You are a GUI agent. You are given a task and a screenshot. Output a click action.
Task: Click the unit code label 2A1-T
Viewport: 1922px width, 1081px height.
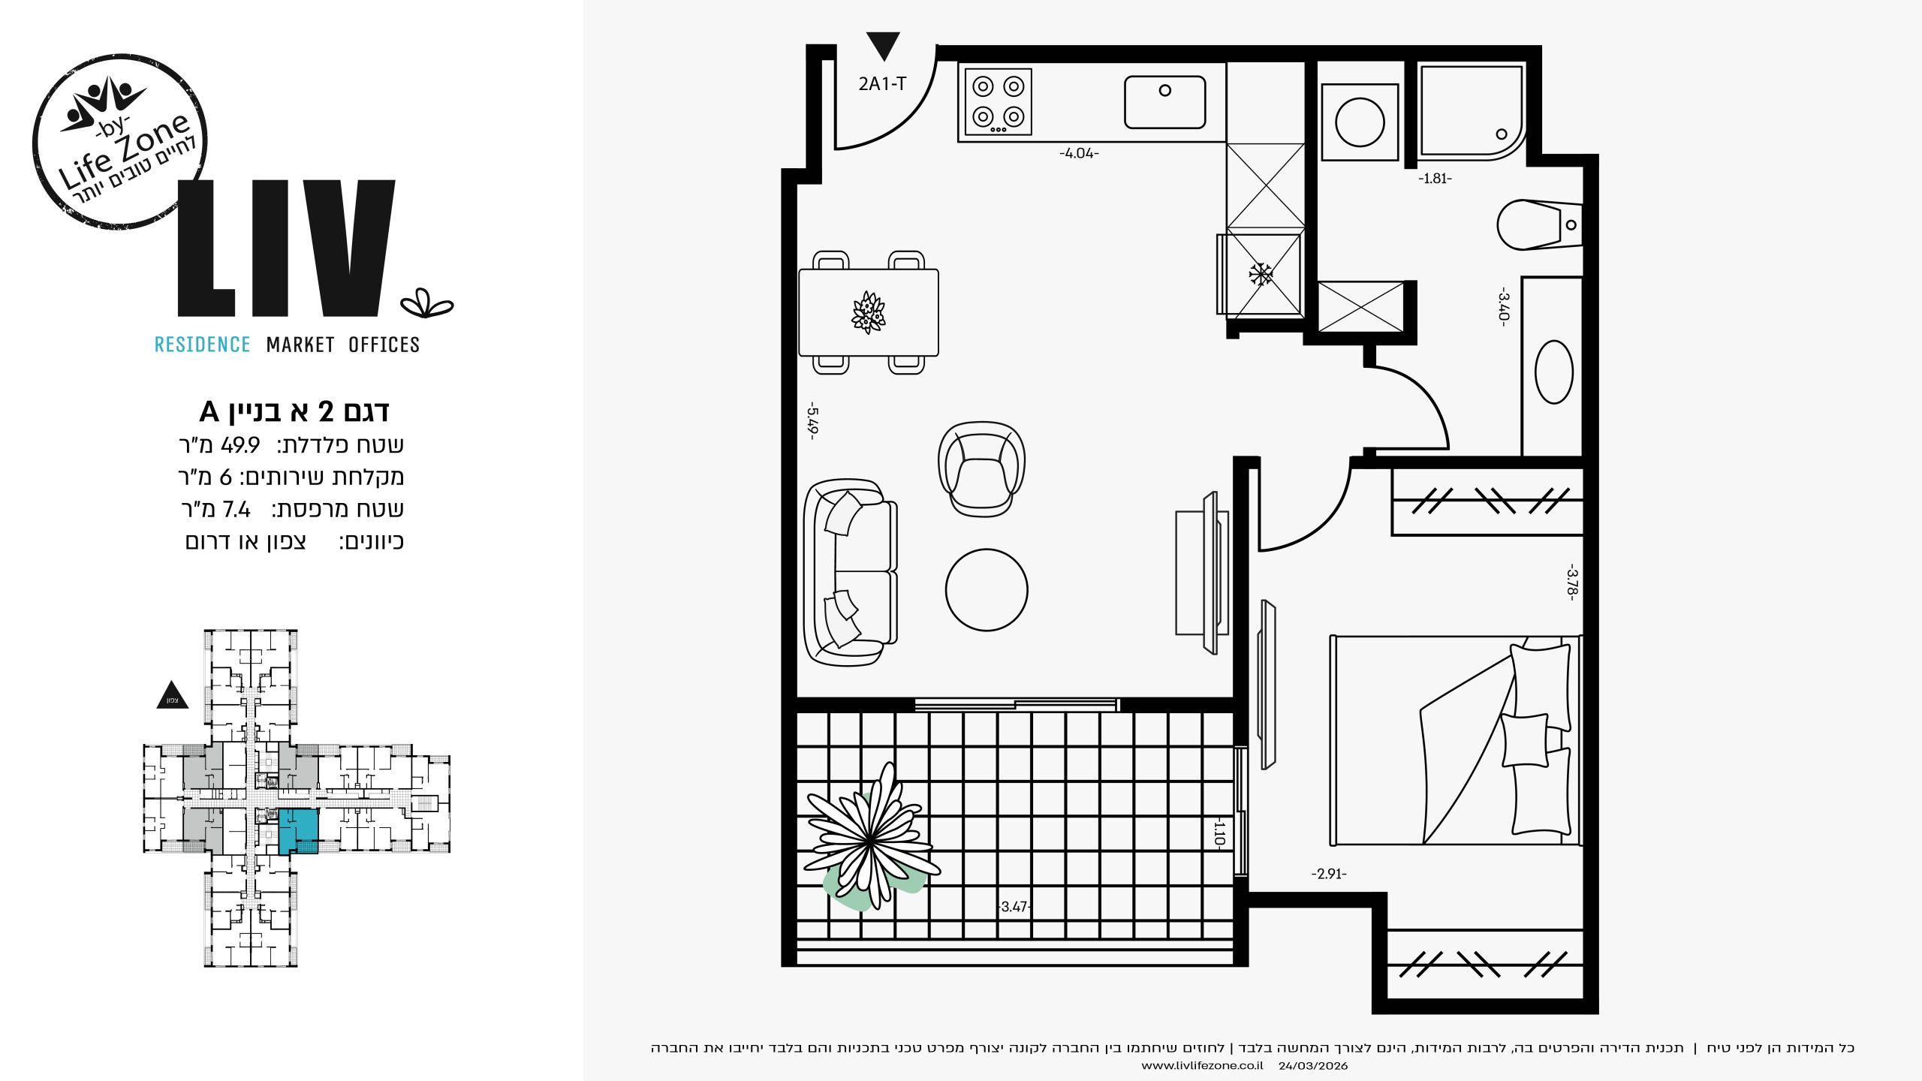point(882,84)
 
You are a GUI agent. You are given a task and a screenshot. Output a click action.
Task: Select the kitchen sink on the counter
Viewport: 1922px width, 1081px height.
point(1164,102)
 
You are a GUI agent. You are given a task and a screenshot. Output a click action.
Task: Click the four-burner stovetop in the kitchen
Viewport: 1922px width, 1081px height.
point(999,102)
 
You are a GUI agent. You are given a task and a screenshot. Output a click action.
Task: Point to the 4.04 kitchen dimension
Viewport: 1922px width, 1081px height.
point(1079,153)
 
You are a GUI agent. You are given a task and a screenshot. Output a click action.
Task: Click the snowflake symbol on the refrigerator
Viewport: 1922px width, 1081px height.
point(1261,274)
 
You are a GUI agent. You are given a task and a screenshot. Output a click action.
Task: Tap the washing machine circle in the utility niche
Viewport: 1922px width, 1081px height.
point(1360,122)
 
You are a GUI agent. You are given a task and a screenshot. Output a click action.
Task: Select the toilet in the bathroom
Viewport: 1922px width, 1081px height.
point(1539,224)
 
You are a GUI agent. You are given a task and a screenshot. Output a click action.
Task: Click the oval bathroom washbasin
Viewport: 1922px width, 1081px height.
point(1554,372)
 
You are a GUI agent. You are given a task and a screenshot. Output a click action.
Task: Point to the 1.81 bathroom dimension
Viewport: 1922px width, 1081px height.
point(1435,179)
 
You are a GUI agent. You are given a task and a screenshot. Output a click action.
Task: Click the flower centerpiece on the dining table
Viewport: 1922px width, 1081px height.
point(869,312)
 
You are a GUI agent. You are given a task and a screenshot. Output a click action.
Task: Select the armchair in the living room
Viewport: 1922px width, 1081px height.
point(982,469)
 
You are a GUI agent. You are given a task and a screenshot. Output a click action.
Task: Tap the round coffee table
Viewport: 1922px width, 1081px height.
point(987,590)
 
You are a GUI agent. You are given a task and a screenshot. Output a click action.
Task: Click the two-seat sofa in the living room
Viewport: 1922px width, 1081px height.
point(850,572)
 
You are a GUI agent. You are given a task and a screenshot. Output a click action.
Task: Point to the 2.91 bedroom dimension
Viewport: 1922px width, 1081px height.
point(1329,874)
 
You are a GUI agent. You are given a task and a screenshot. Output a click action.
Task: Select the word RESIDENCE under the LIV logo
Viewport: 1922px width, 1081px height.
point(202,345)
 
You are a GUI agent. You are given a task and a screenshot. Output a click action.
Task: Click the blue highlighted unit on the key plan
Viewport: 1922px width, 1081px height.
point(299,830)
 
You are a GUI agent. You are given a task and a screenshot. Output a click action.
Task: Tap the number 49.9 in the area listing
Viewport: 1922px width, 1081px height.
point(240,445)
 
